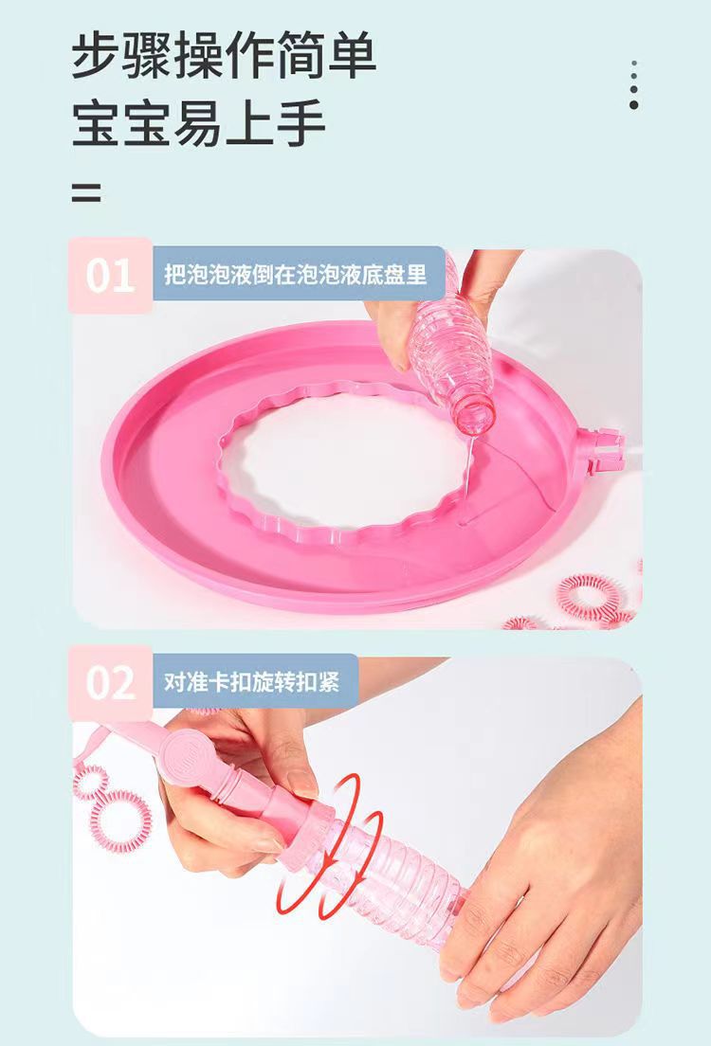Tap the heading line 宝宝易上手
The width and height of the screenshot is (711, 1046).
(198, 123)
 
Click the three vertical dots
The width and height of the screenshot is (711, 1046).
(633, 84)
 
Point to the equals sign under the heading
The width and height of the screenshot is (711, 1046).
(87, 192)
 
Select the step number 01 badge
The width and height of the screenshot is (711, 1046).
(111, 275)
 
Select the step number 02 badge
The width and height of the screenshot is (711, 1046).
(111, 682)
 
